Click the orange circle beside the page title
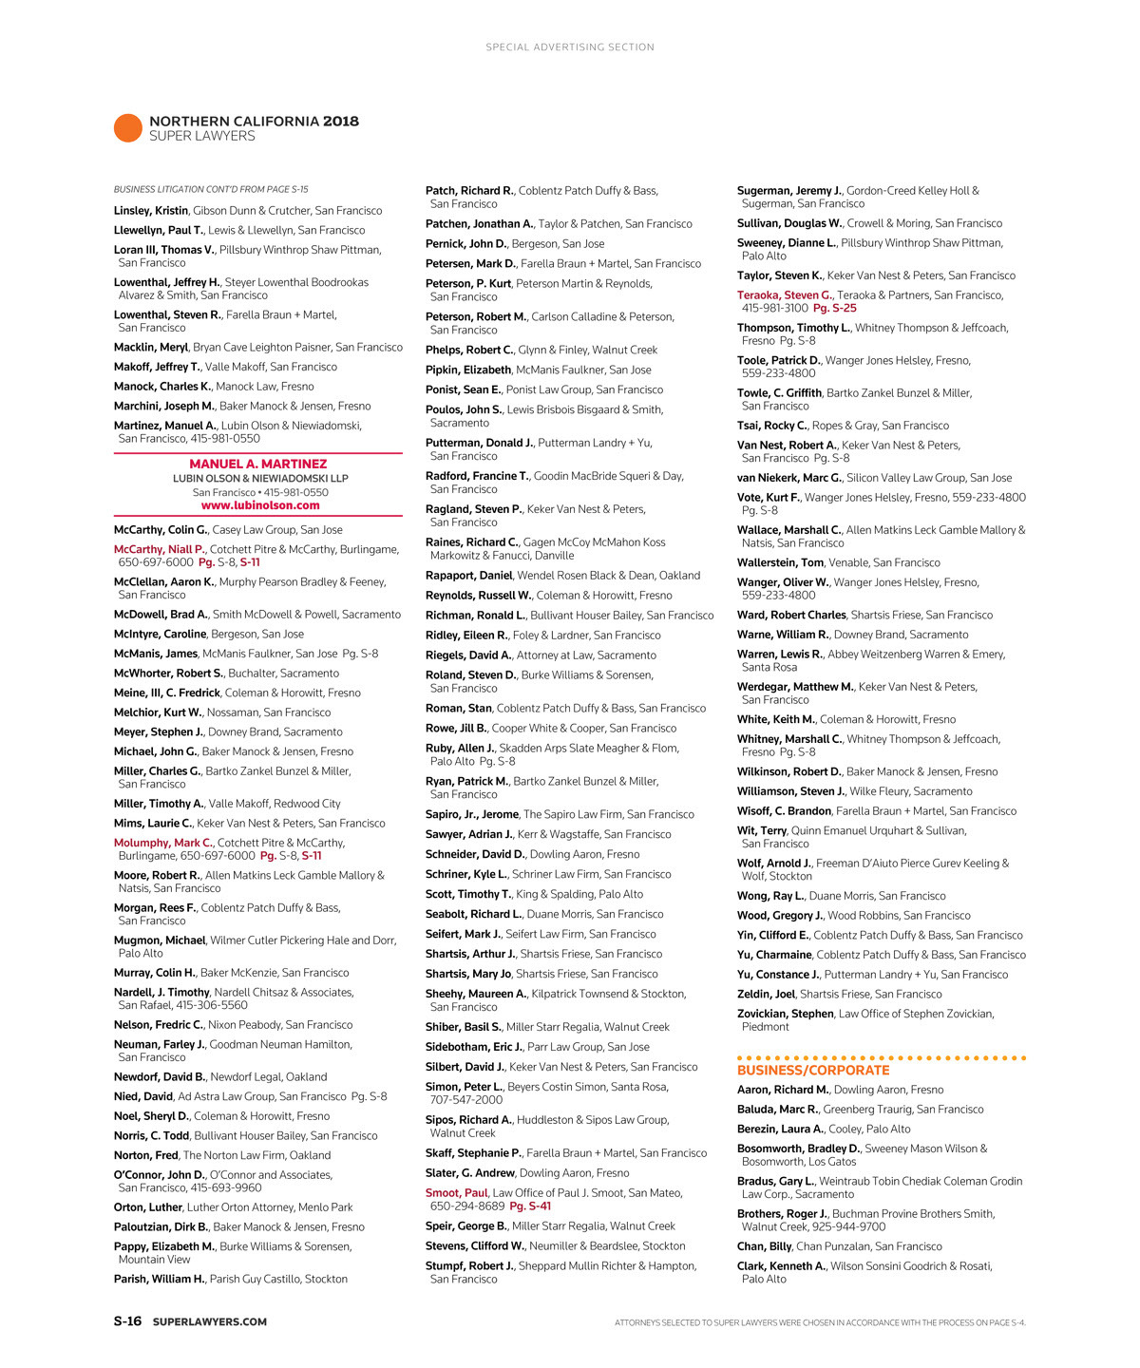coord(127,127)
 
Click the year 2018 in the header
coord(341,122)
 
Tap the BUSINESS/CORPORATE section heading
coord(813,1070)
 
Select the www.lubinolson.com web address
coord(260,505)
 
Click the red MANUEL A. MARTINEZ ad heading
coord(258,465)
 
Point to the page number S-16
coord(127,1321)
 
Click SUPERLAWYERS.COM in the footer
coord(210,1322)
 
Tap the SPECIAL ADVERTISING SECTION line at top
coord(570,47)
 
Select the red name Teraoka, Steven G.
coord(784,295)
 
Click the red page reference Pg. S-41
coord(530,1206)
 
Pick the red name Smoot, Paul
coord(456,1193)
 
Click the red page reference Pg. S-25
coord(835,309)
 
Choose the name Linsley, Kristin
coord(151,211)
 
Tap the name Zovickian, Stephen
coord(785,1014)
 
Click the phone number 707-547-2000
coord(466,1100)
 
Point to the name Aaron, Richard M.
coord(783,1090)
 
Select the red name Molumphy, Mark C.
coord(162,843)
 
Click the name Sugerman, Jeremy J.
coord(788,191)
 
